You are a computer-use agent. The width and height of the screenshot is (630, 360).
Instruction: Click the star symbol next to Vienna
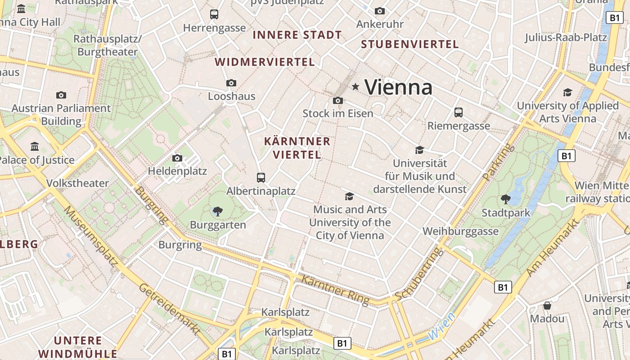355,86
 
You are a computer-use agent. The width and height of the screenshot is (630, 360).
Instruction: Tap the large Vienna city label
398,87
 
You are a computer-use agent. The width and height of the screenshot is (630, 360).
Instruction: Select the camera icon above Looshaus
231,83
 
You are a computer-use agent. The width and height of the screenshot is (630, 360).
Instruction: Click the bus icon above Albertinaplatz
261,177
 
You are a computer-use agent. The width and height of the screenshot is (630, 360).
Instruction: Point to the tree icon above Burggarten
218,211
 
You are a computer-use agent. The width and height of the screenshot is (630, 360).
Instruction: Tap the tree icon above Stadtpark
505,199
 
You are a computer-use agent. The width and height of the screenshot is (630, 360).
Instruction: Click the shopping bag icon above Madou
547,306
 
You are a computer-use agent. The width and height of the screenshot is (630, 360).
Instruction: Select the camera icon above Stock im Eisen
338,100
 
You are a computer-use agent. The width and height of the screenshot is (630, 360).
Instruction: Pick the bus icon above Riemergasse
459,112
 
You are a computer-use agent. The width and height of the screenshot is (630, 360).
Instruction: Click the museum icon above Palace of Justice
35,146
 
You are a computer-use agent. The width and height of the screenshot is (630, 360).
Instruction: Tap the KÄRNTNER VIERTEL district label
297,148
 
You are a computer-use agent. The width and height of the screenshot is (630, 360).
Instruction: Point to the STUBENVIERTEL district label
410,44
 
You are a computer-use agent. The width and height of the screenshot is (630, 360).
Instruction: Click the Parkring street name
498,162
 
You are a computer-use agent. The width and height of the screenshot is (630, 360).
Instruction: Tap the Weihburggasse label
460,231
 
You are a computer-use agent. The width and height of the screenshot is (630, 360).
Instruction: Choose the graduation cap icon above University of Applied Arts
567,92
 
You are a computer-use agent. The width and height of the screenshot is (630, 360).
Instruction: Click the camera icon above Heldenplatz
177,158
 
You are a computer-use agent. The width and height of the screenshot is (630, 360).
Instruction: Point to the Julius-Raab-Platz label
566,37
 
